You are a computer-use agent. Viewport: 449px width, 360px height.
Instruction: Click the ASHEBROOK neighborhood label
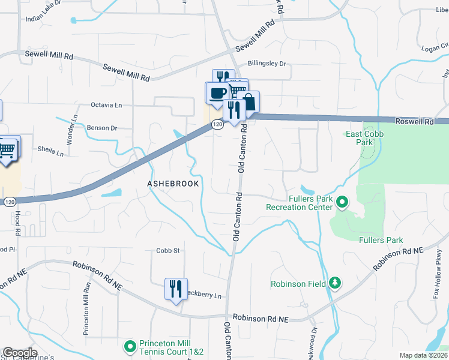point(173,182)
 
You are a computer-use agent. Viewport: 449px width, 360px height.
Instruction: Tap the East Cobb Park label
point(364,139)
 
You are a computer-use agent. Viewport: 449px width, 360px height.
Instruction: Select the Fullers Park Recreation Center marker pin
point(342,202)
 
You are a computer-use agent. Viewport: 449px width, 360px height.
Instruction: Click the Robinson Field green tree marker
point(335,283)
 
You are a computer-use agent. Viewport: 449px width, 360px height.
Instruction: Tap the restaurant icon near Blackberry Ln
point(176,289)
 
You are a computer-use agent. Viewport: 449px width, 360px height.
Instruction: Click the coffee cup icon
point(217,92)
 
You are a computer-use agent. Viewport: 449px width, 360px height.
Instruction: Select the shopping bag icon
point(249,101)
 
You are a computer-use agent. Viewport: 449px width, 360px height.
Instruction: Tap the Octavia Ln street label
point(106,105)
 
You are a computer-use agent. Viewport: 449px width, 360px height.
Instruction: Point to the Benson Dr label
point(101,128)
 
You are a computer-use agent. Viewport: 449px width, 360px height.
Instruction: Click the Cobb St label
point(168,251)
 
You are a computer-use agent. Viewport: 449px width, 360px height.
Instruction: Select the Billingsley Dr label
point(267,63)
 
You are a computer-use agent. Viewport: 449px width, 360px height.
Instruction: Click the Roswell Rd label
point(414,121)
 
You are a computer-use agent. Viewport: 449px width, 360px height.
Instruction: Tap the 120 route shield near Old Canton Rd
point(217,124)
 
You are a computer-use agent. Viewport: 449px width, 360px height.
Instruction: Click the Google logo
point(20,353)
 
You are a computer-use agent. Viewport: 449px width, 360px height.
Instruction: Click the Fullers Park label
point(381,240)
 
